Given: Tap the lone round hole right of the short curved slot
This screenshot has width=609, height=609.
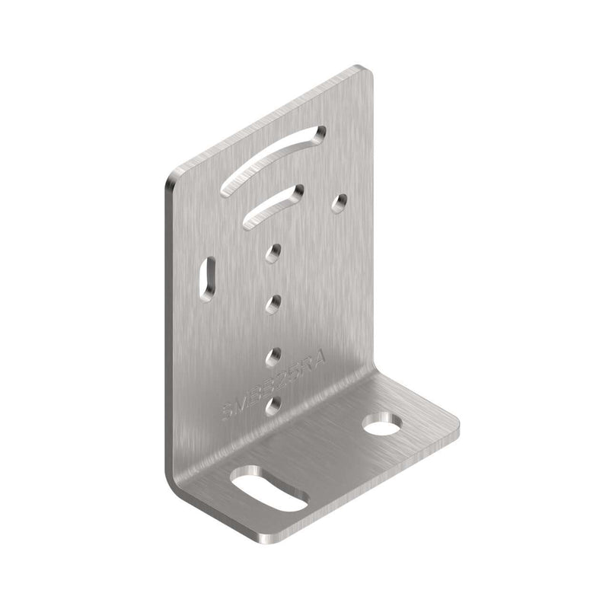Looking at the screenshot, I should pyautogui.click(x=340, y=202).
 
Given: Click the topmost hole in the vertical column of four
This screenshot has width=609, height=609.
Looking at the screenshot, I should pyautogui.click(x=275, y=250).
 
